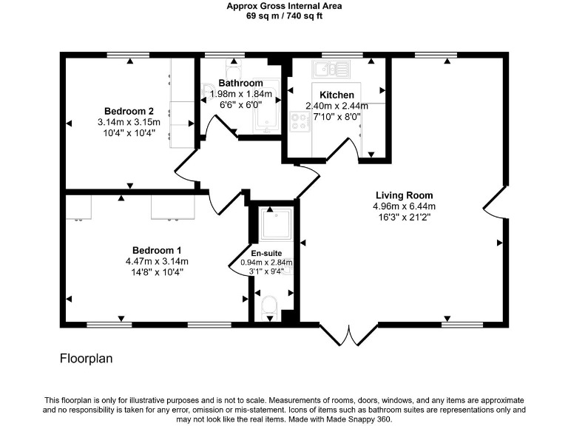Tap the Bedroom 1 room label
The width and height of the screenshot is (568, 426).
tap(157, 250)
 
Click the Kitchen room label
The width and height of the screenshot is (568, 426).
tap(337, 95)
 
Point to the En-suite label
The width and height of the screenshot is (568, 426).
tap(266, 253)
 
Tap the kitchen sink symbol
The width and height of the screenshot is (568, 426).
tap(331, 70)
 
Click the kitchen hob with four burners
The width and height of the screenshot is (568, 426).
tap(300, 121)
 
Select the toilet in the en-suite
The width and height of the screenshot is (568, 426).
tap(270, 305)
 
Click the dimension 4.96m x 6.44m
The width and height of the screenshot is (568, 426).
tap(404, 206)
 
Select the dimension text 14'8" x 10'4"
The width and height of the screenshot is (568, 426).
tap(157, 272)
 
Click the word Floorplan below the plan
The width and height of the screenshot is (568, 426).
tap(86, 359)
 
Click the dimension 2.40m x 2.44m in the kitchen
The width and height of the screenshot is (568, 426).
tap(337, 106)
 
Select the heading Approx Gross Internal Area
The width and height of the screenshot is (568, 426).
tap(284, 6)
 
